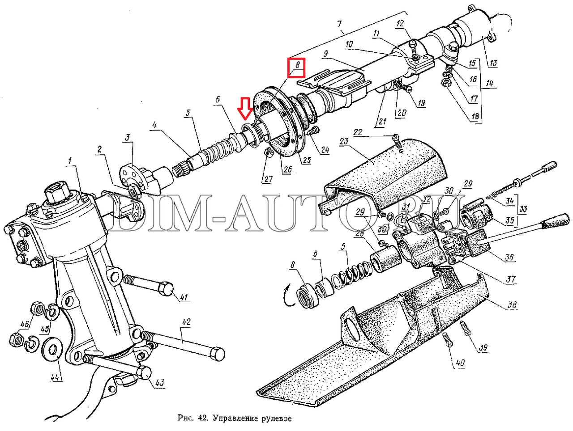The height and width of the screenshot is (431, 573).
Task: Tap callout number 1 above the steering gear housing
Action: tap(70, 161)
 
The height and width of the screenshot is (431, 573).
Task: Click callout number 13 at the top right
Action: tap(492, 63)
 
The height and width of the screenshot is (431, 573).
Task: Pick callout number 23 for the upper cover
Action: tap(344, 141)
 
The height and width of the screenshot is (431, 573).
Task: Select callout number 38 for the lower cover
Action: tap(513, 306)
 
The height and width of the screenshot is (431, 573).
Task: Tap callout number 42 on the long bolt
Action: tap(186, 322)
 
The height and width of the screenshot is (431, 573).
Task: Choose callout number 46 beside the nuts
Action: tap(24, 324)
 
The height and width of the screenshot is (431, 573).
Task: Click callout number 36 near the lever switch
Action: tap(510, 258)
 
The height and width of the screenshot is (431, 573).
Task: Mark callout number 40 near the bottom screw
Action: tap(461, 363)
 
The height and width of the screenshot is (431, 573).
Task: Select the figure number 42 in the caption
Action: tap(203, 419)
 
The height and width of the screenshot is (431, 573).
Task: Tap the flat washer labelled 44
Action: tap(50, 348)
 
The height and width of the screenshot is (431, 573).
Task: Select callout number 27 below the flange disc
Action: tap(268, 179)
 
